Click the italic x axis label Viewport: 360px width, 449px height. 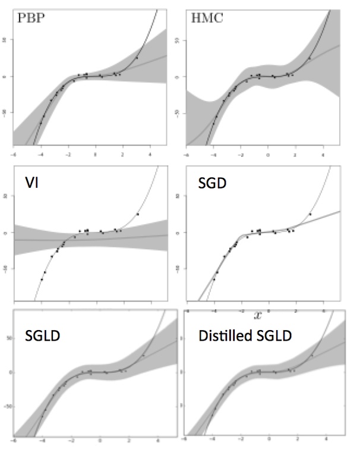(x=258, y=315)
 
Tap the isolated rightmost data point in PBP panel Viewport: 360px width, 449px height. (x=137, y=58)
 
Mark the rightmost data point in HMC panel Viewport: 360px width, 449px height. (x=309, y=58)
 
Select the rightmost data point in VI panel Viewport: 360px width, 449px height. (x=138, y=214)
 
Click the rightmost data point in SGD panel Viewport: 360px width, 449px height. (x=310, y=214)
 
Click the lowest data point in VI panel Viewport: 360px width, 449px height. (x=42, y=279)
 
